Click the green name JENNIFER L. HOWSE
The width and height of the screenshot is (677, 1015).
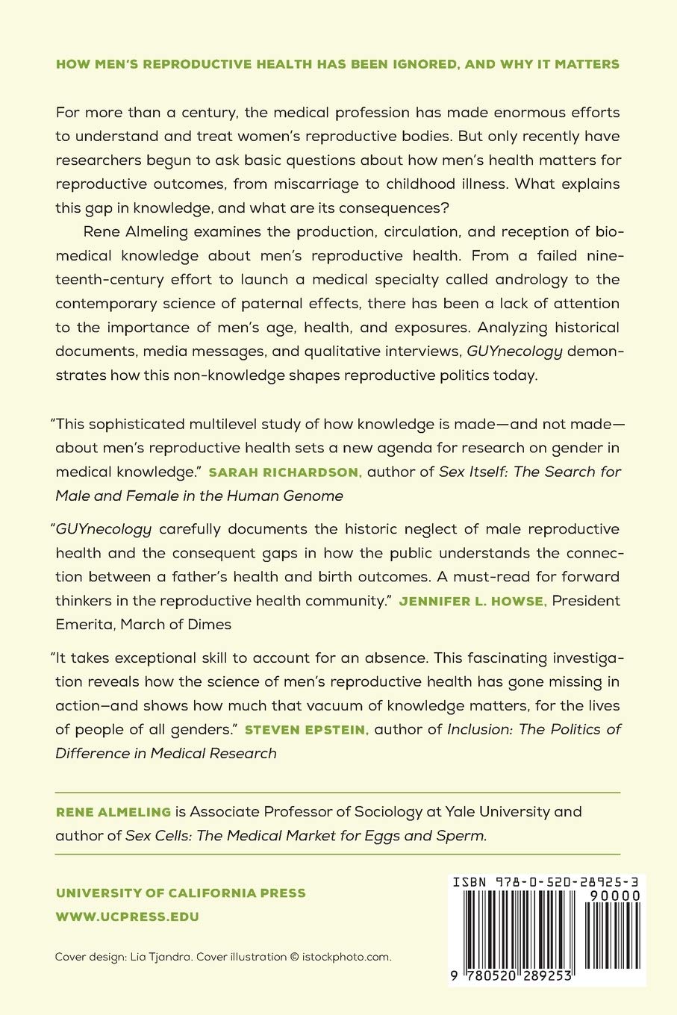tap(472, 601)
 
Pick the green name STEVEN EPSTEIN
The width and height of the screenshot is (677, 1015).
tap(307, 729)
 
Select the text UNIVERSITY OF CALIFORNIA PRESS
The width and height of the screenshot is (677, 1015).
tap(181, 893)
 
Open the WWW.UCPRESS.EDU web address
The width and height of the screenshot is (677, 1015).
tap(128, 916)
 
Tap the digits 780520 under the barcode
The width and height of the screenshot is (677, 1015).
tap(494, 975)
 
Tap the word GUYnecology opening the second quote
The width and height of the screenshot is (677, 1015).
tap(104, 529)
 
